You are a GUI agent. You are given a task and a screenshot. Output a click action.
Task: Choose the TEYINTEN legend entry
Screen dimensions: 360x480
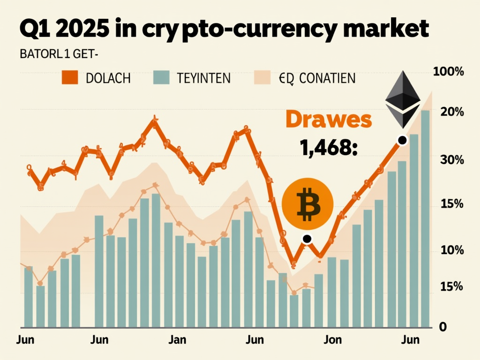192,78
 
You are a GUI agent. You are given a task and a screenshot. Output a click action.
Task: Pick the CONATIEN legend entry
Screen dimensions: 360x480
305,78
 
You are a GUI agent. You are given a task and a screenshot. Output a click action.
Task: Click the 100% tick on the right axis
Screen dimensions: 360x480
449,72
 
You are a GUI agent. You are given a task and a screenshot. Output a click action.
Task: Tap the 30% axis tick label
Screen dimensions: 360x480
452,160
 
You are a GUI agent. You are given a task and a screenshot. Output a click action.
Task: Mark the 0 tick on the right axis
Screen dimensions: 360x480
442,327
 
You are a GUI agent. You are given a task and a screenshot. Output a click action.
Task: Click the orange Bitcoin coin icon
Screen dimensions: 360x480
308,203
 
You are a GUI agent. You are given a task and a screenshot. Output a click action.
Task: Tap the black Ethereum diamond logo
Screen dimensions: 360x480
402,99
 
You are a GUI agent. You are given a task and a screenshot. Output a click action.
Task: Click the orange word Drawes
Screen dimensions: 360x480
329,120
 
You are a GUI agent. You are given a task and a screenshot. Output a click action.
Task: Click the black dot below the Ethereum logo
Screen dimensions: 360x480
402,140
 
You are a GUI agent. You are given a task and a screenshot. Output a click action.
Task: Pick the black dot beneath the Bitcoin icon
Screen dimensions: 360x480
307,239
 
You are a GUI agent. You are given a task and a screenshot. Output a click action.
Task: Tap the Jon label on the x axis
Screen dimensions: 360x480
333,339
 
